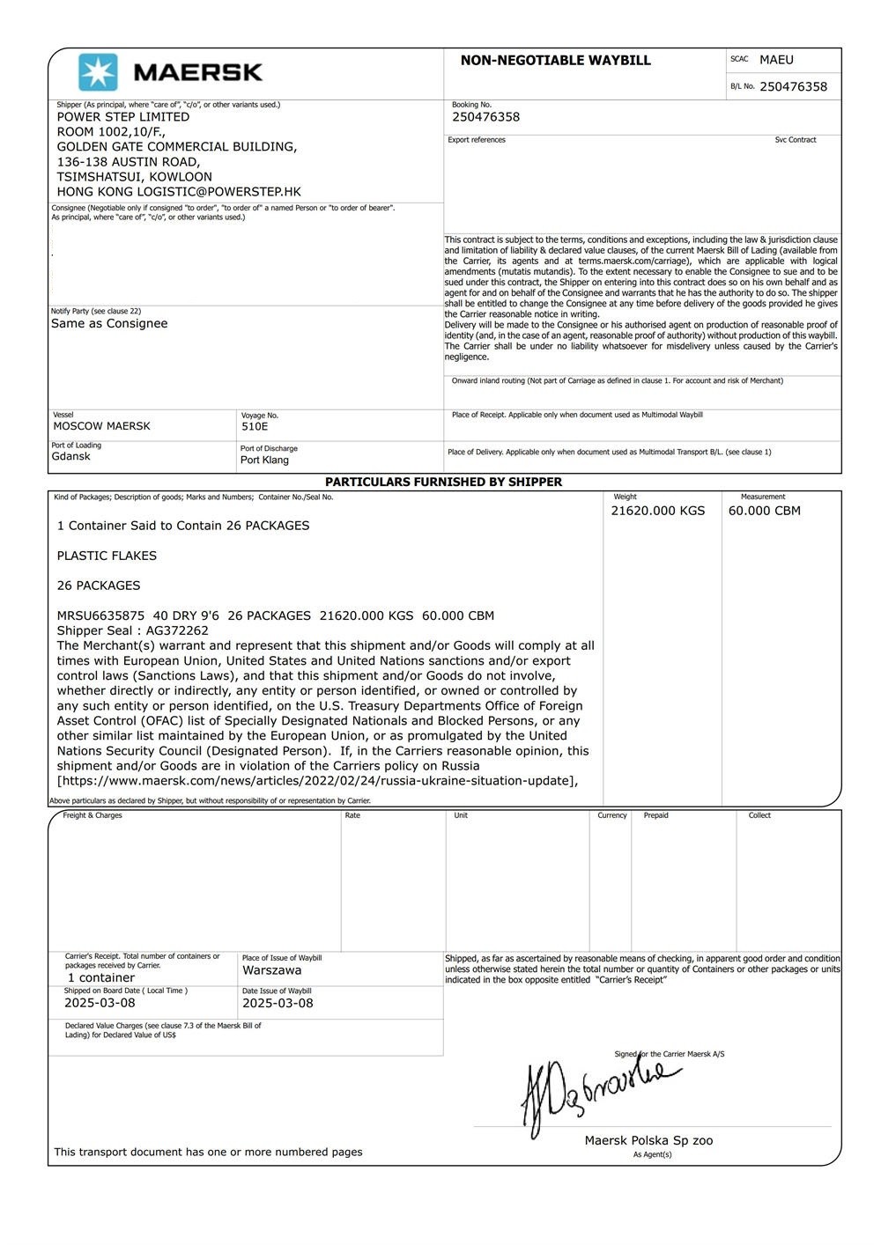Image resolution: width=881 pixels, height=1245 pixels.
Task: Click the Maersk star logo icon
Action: coord(98,72)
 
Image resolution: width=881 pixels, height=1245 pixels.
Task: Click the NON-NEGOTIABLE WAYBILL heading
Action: coord(555,61)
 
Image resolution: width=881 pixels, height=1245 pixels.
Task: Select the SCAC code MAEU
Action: coord(776,60)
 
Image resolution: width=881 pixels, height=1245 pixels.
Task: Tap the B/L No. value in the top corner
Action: coord(793,86)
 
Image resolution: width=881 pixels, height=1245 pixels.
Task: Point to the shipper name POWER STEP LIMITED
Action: coord(123,116)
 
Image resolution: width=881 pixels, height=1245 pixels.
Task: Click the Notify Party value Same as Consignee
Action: coord(109,323)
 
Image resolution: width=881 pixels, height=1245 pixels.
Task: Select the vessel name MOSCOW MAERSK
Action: coord(101,426)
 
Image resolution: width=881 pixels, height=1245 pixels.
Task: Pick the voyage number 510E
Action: coord(255,426)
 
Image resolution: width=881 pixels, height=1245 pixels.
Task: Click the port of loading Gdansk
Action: coord(70,456)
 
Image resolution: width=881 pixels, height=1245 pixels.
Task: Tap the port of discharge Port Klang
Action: coord(264,460)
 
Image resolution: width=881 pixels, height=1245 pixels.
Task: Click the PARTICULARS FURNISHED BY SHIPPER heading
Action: coord(443,482)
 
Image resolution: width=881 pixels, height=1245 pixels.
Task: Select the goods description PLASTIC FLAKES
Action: coord(107,556)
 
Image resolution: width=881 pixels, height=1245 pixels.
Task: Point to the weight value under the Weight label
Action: coord(657,511)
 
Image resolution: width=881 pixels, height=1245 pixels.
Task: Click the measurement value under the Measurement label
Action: coord(764,511)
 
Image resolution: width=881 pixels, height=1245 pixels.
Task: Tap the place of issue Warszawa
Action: coord(271,970)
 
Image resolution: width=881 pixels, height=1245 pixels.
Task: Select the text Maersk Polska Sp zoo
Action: coord(648,1140)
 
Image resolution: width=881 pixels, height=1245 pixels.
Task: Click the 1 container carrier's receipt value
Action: coord(101,977)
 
